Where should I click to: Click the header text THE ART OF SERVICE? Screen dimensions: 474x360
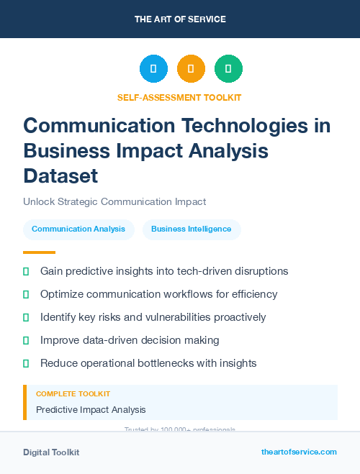point(180,19)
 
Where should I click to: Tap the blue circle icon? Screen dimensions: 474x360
point(153,69)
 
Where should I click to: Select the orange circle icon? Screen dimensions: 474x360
point(191,69)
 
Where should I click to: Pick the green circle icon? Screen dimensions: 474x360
point(228,69)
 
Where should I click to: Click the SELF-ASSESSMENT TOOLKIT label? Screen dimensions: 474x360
point(179,97)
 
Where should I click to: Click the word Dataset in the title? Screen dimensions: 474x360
point(60,176)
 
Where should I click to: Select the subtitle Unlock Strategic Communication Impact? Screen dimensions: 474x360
point(114,202)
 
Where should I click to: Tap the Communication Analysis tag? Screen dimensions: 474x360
point(78,229)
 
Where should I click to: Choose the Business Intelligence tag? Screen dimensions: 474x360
point(192,229)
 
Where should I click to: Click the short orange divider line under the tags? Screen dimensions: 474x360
point(39,252)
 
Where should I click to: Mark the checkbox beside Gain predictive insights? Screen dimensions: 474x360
point(26,272)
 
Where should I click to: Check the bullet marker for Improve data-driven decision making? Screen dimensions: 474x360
point(26,340)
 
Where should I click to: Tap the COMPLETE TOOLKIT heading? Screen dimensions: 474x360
point(73,394)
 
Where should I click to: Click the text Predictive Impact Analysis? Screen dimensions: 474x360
point(91,409)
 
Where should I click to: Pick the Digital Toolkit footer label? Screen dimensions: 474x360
point(51,452)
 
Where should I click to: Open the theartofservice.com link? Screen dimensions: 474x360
point(299,452)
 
